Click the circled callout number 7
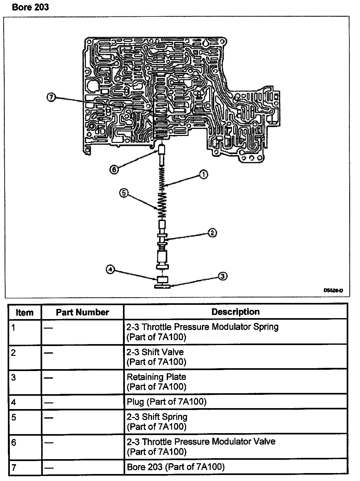(x=51, y=97)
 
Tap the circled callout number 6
(x=114, y=170)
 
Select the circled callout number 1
(x=203, y=174)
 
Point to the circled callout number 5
(x=124, y=193)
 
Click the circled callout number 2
(x=212, y=233)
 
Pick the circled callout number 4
(x=110, y=270)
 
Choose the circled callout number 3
(x=223, y=276)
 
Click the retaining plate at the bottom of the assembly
(x=162, y=287)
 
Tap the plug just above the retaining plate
(x=162, y=280)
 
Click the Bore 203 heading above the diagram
(x=30, y=7)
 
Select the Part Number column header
(x=82, y=312)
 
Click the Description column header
(x=235, y=312)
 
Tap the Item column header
(x=24, y=313)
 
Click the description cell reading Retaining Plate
(x=157, y=382)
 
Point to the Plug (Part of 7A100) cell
(x=167, y=402)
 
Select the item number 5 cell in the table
(x=14, y=417)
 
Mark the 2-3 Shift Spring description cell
(x=157, y=421)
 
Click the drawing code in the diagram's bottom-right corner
(x=333, y=290)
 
